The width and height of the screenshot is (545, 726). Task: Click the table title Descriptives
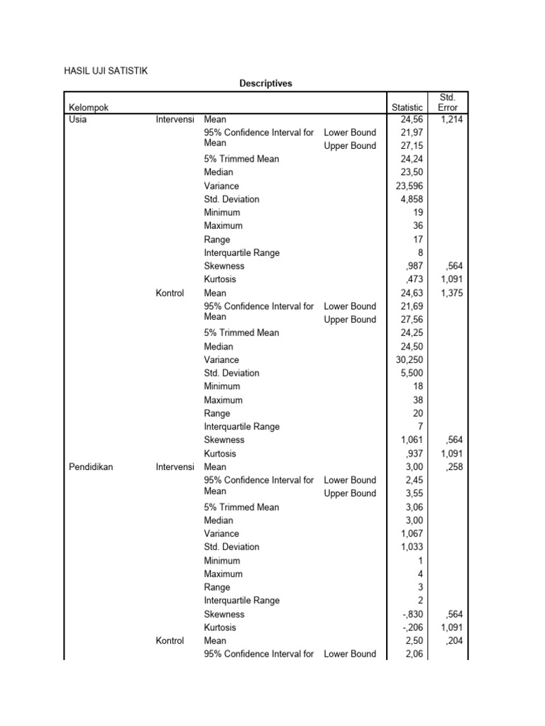[x=265, y=84]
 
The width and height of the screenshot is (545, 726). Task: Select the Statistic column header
[x=407, y=107]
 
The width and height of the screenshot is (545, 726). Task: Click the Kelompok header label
[x=89, y=107]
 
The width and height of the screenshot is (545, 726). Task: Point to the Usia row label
[x=77, y=119]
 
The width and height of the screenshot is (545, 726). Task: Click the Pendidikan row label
[x=91, y=467]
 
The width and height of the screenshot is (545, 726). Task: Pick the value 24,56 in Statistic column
[x=411, y=119]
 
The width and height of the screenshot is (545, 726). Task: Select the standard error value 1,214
[x=451, y=119]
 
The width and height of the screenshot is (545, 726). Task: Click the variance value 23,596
[x=409, y=186]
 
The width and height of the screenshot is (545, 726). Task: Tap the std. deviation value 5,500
[x=411, y=373]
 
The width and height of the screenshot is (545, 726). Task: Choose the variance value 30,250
[x=409, y=359]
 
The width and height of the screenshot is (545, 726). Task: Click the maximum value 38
[x=416, y=400]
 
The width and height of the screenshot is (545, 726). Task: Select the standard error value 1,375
[x=451, y=293]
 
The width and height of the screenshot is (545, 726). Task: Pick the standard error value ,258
[x=454, y=467]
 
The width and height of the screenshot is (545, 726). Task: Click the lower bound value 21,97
[x=411, y=133]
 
